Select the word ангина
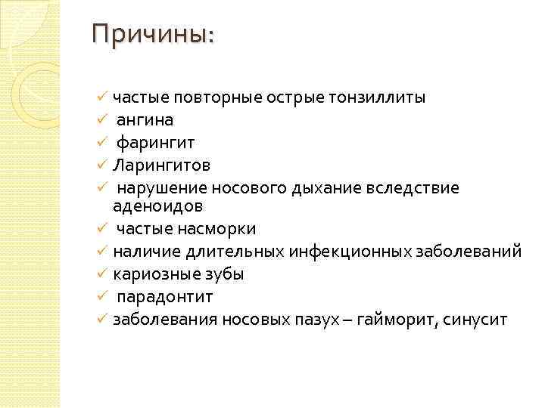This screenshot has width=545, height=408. [145, 119]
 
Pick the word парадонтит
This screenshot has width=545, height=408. [165, 297]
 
